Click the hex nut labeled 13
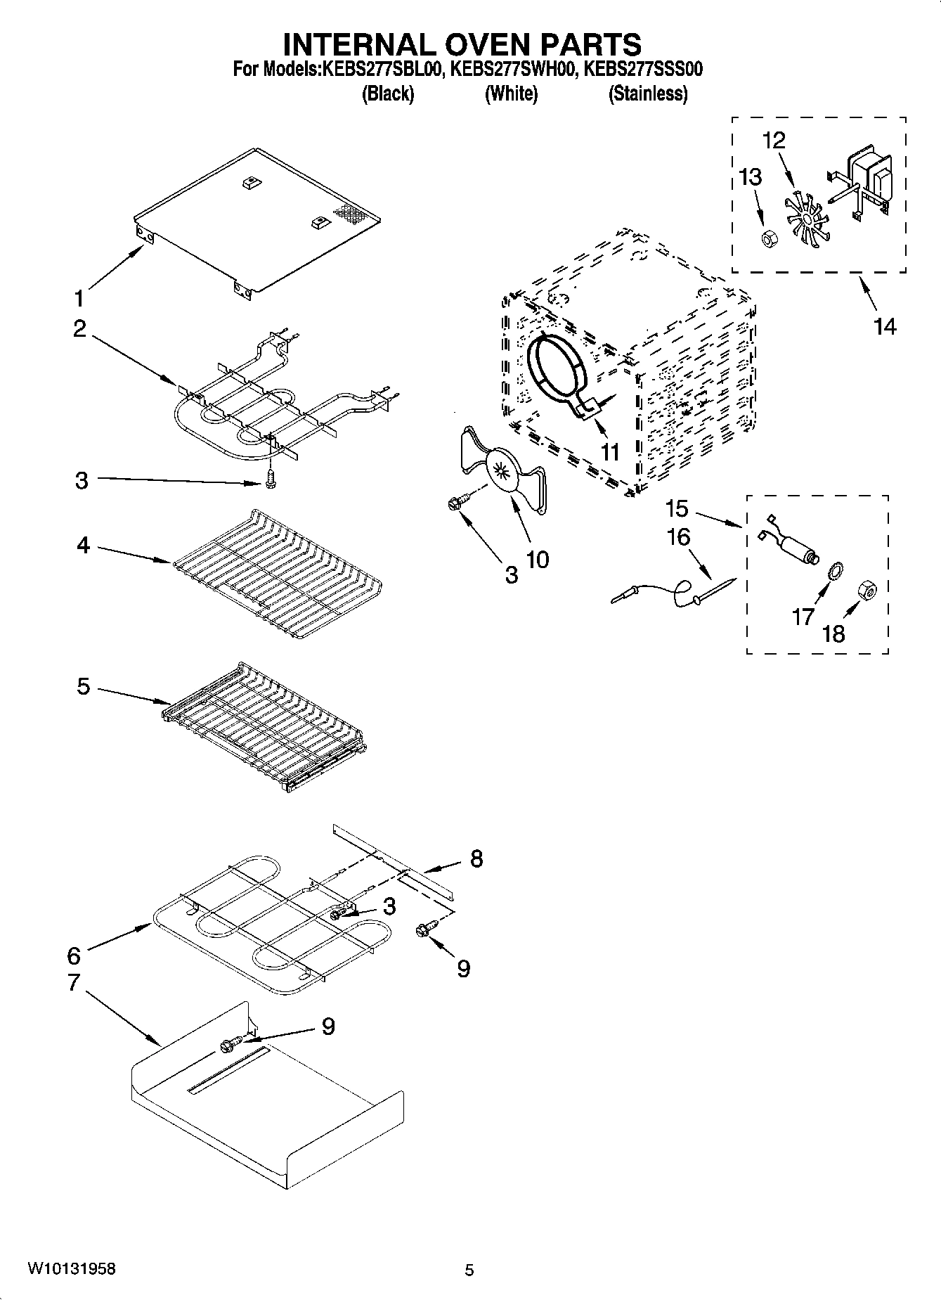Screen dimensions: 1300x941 pos(768,239)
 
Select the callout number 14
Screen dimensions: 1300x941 pos(885,326)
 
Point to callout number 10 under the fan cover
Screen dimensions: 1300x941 pos(537,560)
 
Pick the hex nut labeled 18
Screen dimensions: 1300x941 pos(867,593)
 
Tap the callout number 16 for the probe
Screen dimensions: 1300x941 pos(678,537)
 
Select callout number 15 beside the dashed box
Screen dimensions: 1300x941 pos(677,508)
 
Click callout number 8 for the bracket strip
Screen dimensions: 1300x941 pos(476,858)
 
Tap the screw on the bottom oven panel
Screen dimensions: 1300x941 pos(229,1045)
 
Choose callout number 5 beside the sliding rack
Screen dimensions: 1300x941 pos(83,686)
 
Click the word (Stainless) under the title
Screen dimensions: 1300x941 pos(647,94)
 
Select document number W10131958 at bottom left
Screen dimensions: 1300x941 pos(72,1269)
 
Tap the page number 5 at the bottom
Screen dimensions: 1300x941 pos(469,1270)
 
